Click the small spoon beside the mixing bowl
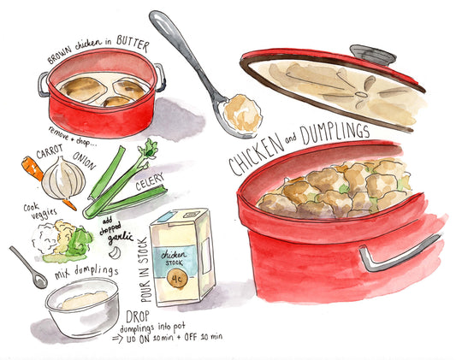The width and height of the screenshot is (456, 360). point(28,268)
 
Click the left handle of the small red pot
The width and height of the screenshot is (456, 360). point(42,83)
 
